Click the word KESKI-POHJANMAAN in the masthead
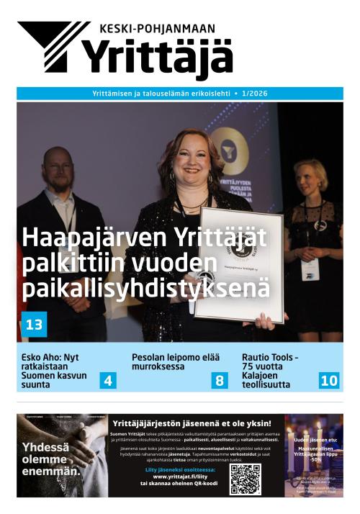[x=158, y=29]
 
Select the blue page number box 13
[x=34, y=325]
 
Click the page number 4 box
[x=108, y=380]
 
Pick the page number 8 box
[x=219, y=380]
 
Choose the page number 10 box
[x=328, y=380]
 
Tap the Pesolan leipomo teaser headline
[x=166, y=361]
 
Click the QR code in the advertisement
[x=245, y=479]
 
